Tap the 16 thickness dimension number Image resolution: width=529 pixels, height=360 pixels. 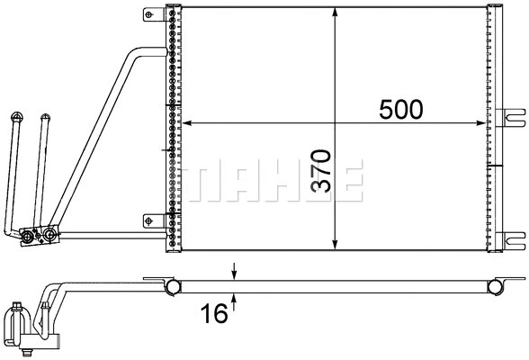click(213, 313)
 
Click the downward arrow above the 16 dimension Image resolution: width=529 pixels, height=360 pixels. click(234, 273)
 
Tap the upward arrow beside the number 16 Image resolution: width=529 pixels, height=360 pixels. click(234, 299)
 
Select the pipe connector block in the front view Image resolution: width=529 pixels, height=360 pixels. click(38, 236)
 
